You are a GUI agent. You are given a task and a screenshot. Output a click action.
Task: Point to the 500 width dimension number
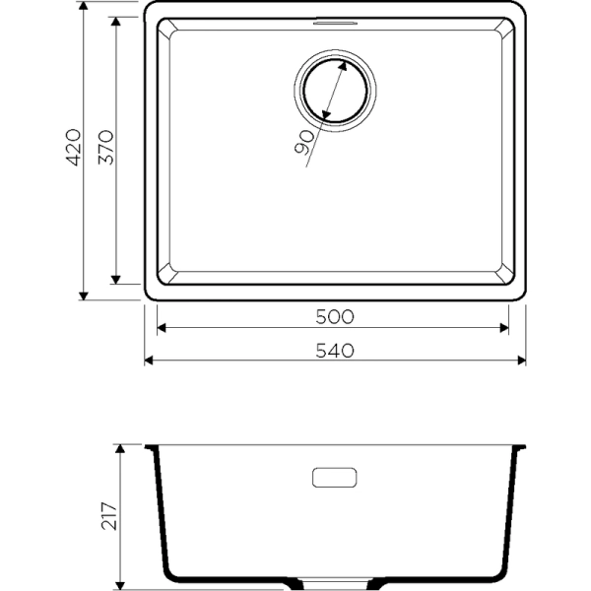tap(333, 316)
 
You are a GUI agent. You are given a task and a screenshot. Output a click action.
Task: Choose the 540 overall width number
tap(333, 350)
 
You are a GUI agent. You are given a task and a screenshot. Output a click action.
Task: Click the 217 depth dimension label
tap(108, 516)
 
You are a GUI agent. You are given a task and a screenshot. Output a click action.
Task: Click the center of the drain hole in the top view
tap(334, 96)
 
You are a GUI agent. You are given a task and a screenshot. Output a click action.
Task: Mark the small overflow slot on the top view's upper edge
tap(335, 19)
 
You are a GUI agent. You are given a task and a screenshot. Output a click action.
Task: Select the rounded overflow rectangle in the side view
tap(335, 478)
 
